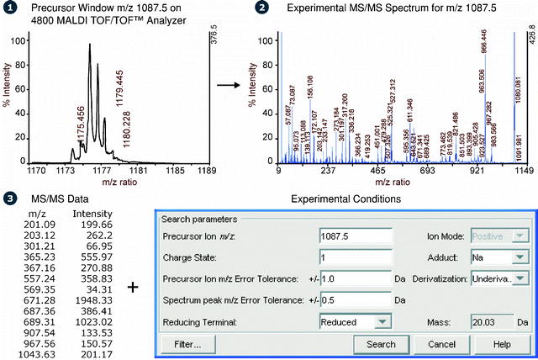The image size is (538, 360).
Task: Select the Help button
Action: tap(502, 344)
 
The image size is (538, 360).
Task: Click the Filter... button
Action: tap(187, 344)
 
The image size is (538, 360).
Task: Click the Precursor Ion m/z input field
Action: tap(356, 235)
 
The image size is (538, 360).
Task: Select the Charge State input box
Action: tap(356, 256)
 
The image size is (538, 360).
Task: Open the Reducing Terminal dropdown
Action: tap(356, 320)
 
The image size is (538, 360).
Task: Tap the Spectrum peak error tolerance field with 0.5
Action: tap(356, 299)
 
